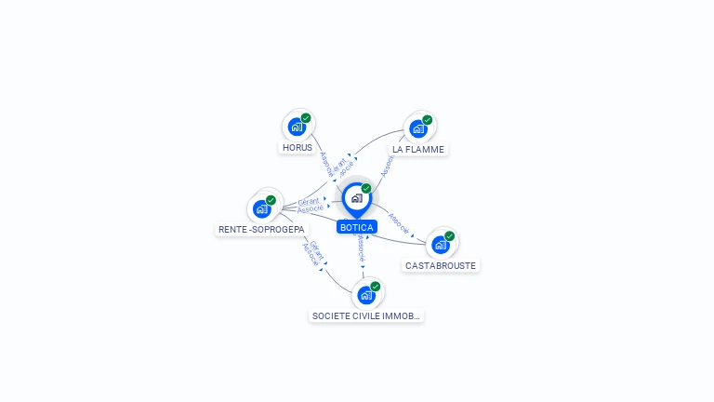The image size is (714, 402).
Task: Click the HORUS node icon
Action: tap(297, 127)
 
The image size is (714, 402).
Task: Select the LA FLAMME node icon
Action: tap(418, 127)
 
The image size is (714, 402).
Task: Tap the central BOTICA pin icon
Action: tap(356, 198)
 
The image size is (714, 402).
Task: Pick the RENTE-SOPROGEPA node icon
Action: tap(262, 208)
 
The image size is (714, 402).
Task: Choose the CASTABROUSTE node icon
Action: tap(441, 244)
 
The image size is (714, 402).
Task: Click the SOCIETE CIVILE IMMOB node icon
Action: tap(366, 295)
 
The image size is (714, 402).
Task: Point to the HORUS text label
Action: tap(297, 148)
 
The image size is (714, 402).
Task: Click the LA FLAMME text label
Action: tap(418, 149)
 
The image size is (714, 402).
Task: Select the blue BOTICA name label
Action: tap(357, 227)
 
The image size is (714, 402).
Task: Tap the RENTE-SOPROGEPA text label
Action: tap(261, 229)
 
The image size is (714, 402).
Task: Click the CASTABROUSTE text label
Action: tap(441, 265)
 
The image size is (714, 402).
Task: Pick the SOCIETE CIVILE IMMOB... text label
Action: tap(366, 316)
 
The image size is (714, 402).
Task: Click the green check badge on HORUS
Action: tap(306, 118)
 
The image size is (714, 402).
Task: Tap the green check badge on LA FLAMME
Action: tap(428, 119)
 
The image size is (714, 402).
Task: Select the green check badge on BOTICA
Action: tap(366, 189)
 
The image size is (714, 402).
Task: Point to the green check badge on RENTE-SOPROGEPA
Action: tap(271, 200)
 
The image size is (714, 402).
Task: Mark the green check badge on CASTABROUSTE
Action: tap(450, 235)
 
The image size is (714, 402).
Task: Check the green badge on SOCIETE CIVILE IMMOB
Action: tap(376, 287)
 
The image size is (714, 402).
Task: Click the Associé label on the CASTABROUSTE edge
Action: tap(398, 222)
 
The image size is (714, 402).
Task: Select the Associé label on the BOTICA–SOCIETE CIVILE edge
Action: tap(362, 248)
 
